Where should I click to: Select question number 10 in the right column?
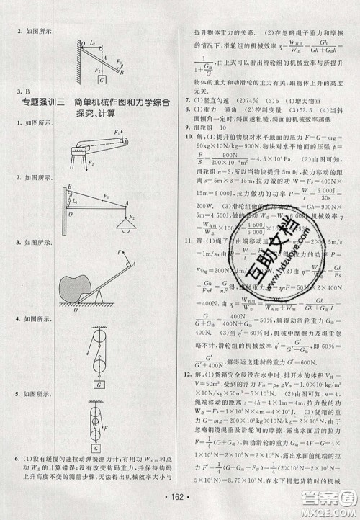pyautogui.click(x=189, y=136)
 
